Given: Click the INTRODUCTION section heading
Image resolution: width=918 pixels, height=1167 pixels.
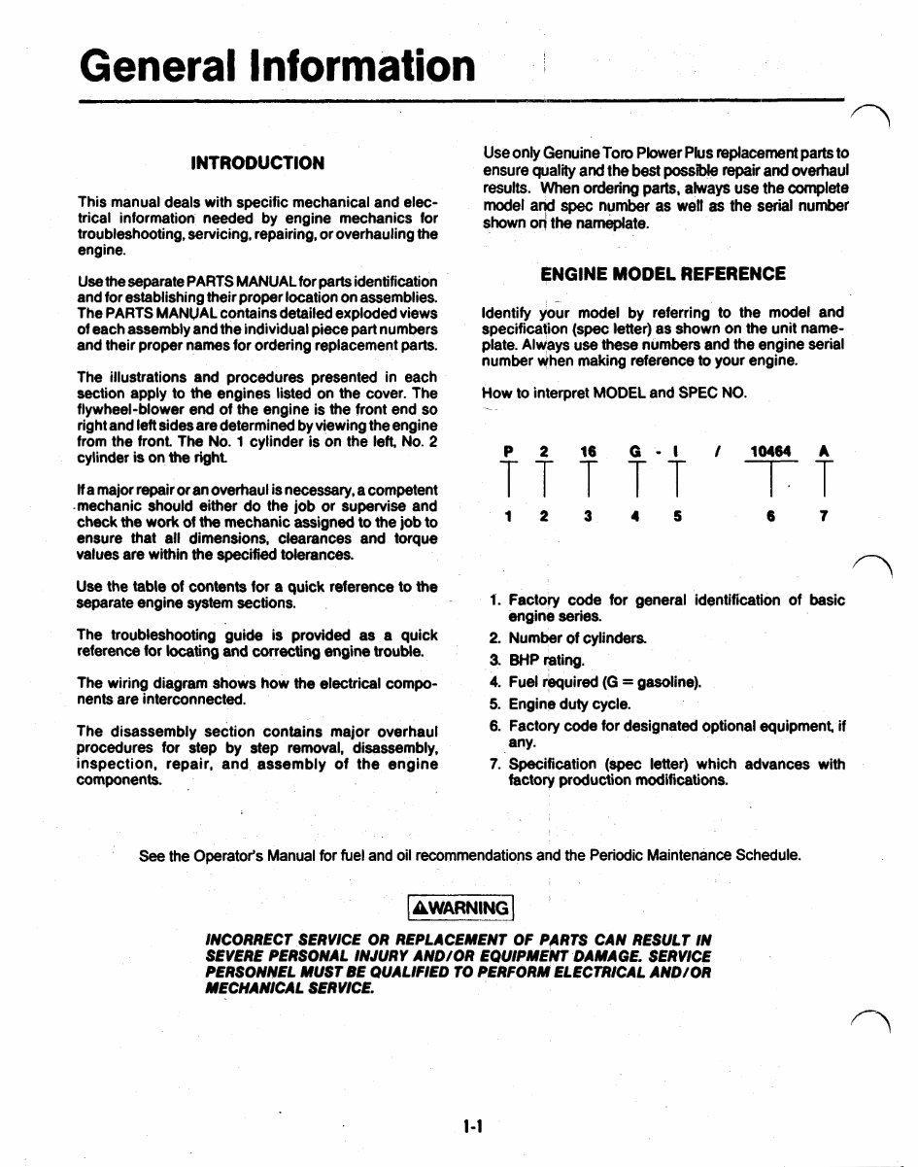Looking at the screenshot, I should [257, 162].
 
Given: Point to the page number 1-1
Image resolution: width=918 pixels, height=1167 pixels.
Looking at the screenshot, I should [473, 1126].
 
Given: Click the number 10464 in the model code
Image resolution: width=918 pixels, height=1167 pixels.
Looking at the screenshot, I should [771, 451].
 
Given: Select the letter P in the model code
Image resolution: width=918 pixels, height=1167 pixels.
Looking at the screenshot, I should [507, 451].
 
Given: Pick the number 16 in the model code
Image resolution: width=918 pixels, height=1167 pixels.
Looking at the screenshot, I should [588, 451].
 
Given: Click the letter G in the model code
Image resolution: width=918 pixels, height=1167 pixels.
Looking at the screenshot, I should [635, 451].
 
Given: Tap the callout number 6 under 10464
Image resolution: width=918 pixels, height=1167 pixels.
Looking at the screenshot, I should [769, 517].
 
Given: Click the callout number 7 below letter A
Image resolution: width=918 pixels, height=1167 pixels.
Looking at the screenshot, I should [823, 517].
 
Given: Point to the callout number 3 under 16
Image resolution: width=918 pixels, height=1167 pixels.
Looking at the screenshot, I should [588, 517].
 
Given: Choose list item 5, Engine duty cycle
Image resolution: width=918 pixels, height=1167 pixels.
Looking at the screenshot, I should [561, 704].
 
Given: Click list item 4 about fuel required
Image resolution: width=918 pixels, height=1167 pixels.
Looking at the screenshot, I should [595, 682].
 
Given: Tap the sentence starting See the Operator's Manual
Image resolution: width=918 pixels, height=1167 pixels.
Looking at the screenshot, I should [470, 856].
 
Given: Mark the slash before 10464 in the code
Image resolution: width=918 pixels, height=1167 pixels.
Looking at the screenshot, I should [717, 451].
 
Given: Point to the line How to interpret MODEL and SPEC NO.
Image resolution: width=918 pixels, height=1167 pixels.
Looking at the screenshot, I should [614, 393].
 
